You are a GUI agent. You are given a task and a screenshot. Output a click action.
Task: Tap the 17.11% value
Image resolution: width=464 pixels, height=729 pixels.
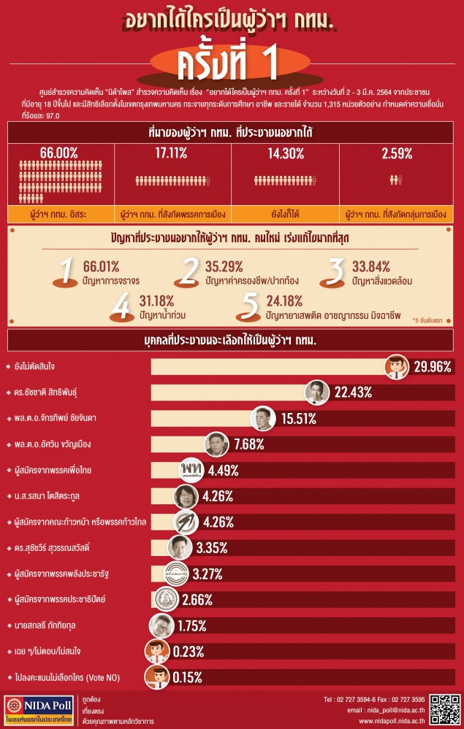point(172,153)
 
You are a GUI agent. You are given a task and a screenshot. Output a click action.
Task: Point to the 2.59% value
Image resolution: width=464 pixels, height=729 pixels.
point(398,153)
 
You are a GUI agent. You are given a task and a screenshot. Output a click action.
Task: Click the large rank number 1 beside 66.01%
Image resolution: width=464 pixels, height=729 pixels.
point(68,271)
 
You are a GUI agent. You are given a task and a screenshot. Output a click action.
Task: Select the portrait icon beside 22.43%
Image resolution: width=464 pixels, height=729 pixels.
point(316,393)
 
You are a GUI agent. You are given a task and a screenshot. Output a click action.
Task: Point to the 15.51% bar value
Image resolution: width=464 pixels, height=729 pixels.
point(294,418)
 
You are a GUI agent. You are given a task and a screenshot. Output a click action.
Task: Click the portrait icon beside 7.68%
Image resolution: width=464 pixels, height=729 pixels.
point(218,444)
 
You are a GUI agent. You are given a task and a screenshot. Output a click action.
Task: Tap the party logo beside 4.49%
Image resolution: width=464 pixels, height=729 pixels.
point(191,469)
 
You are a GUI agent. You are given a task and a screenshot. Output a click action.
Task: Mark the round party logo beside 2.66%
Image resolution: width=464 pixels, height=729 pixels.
point(170,600)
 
